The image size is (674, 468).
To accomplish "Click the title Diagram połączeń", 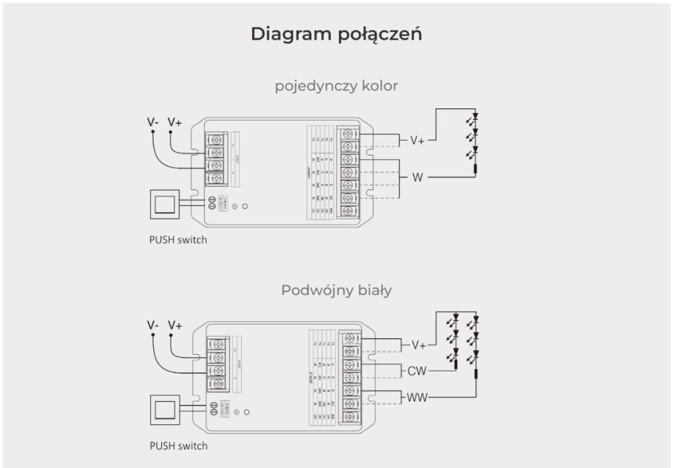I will click(337, 34).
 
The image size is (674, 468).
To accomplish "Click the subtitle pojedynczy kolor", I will click(336, 87).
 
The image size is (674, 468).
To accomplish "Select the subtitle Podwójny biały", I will click(336, 290).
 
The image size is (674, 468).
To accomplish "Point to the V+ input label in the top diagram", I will click(175, 122).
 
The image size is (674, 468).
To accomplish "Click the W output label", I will click(418, 178).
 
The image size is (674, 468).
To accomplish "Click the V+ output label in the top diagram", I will click(418, 141).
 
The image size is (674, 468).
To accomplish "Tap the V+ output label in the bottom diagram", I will click(418, 345).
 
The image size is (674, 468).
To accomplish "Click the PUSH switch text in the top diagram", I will click(178, 241).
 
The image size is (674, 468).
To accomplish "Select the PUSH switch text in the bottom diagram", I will click(178, 446).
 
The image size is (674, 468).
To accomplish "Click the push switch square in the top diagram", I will click(165, 204).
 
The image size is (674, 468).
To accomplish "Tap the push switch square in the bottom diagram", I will click(165, 409).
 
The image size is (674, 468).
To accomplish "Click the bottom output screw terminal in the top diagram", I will click(348, 211).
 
